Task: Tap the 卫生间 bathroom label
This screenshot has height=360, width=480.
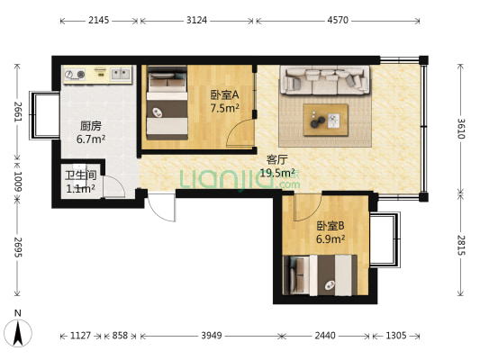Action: pyautogui.click(x=79, y=175)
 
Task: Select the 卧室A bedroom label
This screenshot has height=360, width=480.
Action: pyautogui.click(x=224, y=94)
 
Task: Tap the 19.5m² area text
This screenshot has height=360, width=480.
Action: pyautogui.click(x=277, y=173)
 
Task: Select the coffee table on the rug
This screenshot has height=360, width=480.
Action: pyautogui.click(x=325, y=117)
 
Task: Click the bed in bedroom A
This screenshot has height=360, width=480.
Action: pyautogui.click(x=167, y=103)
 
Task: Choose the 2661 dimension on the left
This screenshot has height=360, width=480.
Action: pyautogui.click(x=17, y=111)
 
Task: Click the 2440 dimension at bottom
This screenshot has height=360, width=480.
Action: pyautogui.click(x=324, y=337)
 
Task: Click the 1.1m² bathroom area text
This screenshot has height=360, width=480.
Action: pyautogui.click(x=79, y=189)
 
